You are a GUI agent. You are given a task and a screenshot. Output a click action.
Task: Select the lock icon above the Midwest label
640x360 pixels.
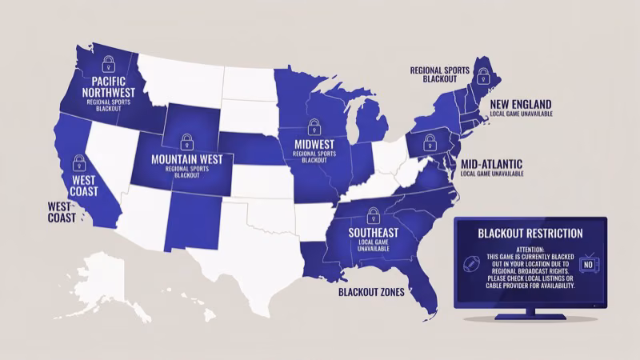(x=313, y=126)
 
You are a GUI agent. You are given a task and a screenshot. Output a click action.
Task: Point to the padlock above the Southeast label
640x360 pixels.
(x=372, y=214)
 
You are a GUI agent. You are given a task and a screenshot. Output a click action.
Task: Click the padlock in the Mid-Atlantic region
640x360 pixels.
(x=430, y=142)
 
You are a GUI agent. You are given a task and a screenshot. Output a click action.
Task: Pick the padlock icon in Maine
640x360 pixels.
(x=483, y=76)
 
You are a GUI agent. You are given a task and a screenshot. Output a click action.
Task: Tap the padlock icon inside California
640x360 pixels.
(x=79, y=162)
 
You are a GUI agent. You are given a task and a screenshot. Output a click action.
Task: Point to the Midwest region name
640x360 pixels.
(x=313, y=144)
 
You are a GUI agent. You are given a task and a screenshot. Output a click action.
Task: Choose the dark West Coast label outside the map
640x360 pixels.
(x=62, y=212)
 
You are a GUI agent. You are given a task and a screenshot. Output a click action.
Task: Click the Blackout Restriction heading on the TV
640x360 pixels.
(x=530, y=234)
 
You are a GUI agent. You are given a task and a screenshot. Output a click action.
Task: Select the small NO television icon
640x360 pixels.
(x=590, y=263)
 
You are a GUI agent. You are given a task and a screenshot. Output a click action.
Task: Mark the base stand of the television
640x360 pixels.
(x=530, y=317)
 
